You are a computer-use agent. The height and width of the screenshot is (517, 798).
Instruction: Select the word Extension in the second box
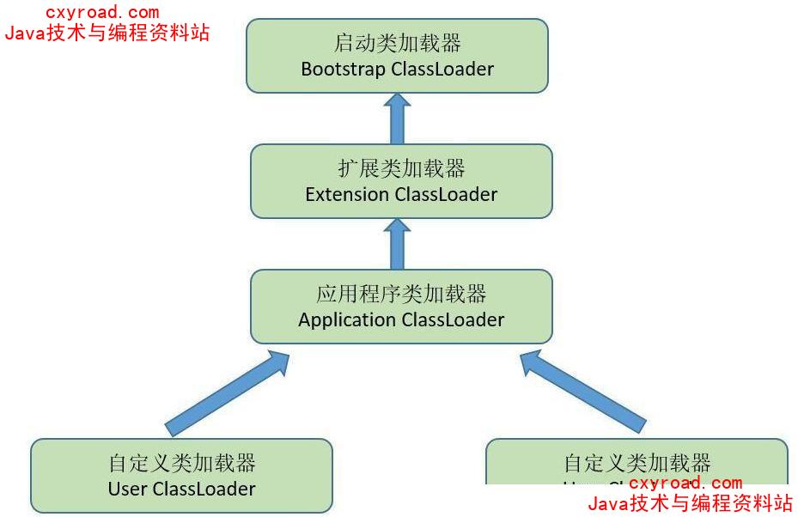point(347,195)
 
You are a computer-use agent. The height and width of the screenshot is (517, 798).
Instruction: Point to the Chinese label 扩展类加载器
point(401,169)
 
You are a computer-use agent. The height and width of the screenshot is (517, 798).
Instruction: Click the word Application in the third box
point(347,320)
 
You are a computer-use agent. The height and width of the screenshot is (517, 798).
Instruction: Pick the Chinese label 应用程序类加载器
point(401,295)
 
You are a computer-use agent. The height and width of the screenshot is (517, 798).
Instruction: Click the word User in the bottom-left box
point(128,490)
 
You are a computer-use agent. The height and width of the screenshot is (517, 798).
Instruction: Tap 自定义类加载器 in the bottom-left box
point(182,464)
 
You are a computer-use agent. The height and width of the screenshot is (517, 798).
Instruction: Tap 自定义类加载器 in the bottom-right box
point(637,464)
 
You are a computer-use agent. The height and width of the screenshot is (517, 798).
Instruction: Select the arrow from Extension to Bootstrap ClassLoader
point(397,119)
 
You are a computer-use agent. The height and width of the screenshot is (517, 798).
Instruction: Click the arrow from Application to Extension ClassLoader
point(397,244)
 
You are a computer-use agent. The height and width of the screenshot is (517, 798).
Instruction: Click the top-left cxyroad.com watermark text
point(102,13)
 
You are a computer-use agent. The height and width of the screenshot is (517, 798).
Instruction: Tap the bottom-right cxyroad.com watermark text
point(685,484)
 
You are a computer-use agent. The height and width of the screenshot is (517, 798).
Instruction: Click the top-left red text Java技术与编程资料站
point(107,33)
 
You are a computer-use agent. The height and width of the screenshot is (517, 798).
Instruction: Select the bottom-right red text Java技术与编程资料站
point(690,503)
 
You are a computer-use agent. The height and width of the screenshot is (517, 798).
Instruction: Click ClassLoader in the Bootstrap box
point(442,70)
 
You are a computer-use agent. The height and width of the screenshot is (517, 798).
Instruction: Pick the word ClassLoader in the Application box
point(453,320)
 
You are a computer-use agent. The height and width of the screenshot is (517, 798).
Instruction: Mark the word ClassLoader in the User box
point(204,490)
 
